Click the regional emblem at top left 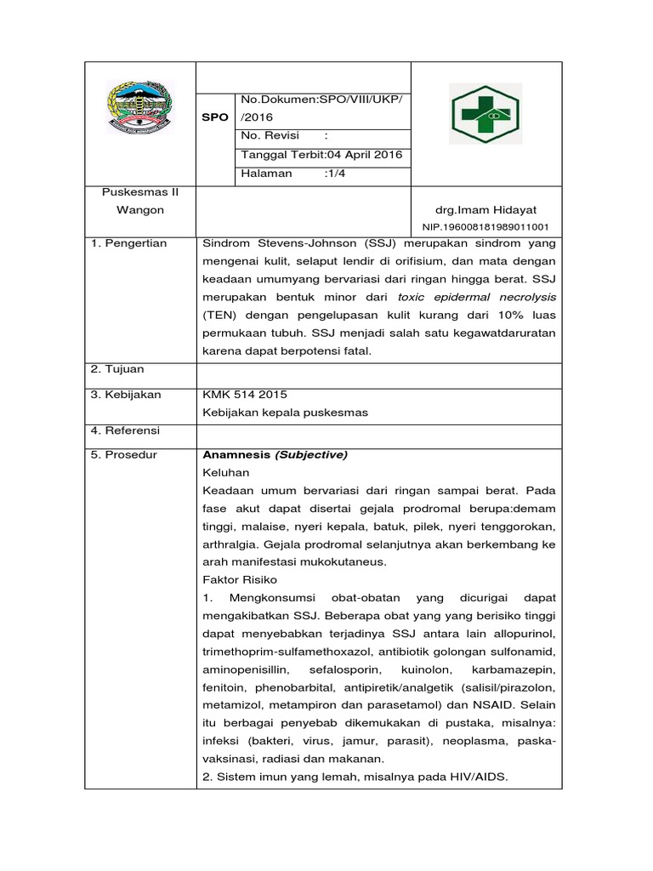coord(140,109)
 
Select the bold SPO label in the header coord(214,117)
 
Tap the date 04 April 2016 coord(355,155)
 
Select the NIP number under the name coord(485,227)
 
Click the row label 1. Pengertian coord(129,243)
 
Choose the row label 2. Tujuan coord(117,369)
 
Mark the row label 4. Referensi coord(126,430)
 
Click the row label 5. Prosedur coord(124,455)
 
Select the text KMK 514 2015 coord(245,395)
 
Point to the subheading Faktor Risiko coord(235,579)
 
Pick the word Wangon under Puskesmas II coord(140,209)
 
